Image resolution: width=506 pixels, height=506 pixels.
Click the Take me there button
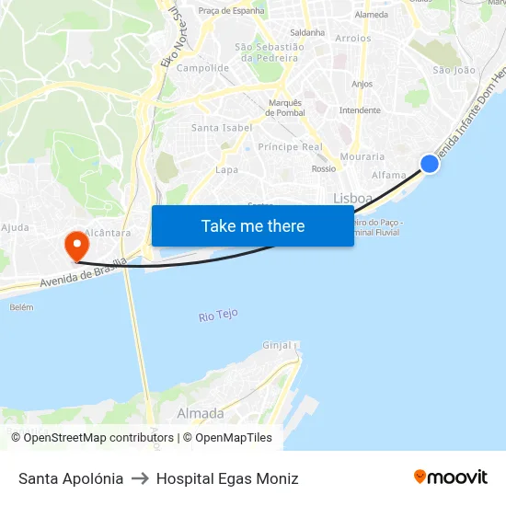[x=253, y=225]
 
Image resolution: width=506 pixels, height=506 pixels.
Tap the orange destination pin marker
[x=75, y=246]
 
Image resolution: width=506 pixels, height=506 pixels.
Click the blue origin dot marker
[x=430, y=164]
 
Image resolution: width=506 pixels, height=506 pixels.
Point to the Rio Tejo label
[x=218, y=316]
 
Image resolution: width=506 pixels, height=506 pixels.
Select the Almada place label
[x=200, y=413]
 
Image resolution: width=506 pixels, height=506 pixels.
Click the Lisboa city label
[x=352, y=198]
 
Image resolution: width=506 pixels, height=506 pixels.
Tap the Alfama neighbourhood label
[x=388, y=175]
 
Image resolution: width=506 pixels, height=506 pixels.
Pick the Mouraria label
[x=362, y=156]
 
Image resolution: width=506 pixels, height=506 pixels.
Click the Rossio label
[x=324, y=169]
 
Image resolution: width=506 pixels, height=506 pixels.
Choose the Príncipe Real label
[x=290, y=147]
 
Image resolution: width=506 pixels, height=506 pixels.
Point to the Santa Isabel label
[x=222, y=128]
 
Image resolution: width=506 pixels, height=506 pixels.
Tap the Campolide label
[x=202, y=68]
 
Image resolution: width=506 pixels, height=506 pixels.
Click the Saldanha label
[x=307, y=32]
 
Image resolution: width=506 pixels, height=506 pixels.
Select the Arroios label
[x=353, y=39]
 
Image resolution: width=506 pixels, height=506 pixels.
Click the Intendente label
[x=360, y=110]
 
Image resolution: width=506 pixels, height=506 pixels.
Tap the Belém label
[x=21, y=307]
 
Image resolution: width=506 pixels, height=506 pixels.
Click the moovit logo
[x=451, y=477]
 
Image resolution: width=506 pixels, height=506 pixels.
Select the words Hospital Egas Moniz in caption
[x=227, y=478]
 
